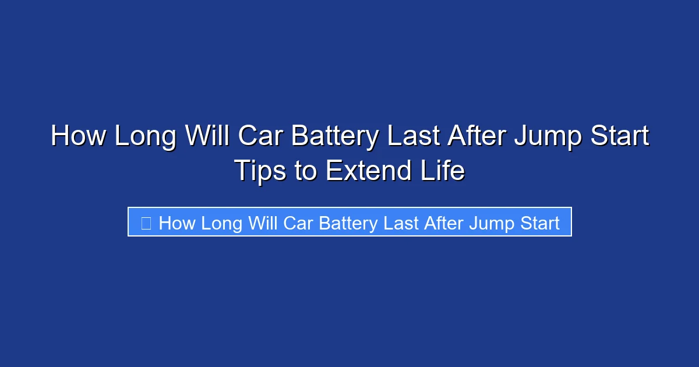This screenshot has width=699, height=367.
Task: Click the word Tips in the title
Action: [260, 171]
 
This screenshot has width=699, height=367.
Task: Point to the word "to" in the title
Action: [306, 171]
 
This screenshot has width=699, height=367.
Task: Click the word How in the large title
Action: [78, 136]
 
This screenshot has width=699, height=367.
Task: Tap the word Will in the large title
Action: [207, 136]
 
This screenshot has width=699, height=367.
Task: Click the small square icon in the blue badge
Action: [146, 223]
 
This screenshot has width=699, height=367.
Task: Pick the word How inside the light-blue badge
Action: [176, 223]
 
